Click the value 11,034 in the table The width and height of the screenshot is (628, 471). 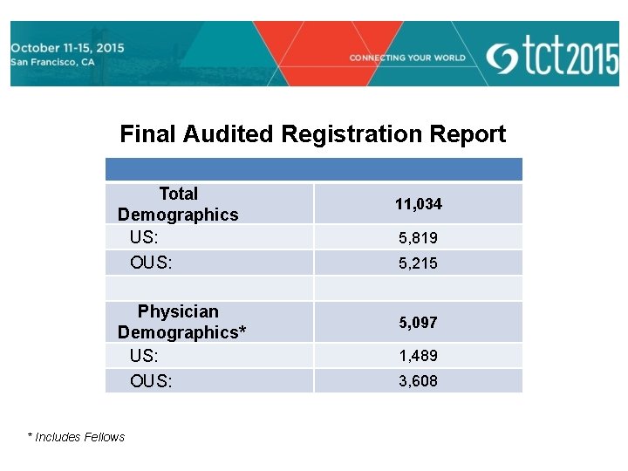418,204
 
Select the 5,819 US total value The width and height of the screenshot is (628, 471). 418,238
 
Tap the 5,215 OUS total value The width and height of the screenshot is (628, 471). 418,263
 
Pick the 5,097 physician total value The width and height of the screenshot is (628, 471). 418,323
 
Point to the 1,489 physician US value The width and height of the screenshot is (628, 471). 418,356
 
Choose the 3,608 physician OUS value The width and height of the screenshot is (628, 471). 418,381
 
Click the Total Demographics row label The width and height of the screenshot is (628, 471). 178,204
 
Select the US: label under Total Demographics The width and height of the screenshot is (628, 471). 143,237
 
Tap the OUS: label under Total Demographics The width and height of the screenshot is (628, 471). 150,263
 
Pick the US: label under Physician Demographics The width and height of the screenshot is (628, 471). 143,356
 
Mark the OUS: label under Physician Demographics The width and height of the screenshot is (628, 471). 150,381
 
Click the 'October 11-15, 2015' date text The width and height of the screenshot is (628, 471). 67,48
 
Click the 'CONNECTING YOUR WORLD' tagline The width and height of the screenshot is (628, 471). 407,58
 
